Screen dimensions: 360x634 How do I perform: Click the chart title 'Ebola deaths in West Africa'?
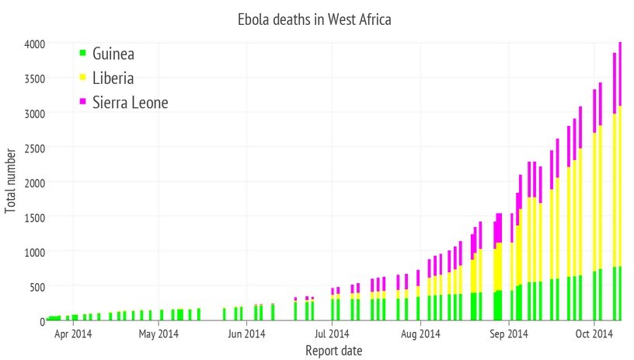click(314, 19)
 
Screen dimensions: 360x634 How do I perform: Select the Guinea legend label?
click(113, 54)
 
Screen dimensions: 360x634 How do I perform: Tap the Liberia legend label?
click(113, 78)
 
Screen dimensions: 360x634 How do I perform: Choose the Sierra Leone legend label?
click(130, 102)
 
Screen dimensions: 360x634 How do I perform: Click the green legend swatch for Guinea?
click(82, 53)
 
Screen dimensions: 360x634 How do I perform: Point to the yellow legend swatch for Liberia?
click(82, 77)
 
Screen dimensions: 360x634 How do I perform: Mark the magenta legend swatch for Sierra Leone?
click(82, 101)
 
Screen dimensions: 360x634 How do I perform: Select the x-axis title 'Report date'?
click(333, 351)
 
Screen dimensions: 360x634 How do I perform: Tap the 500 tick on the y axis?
click(35, 286)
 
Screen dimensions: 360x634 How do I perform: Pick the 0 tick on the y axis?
click(41, 320)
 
